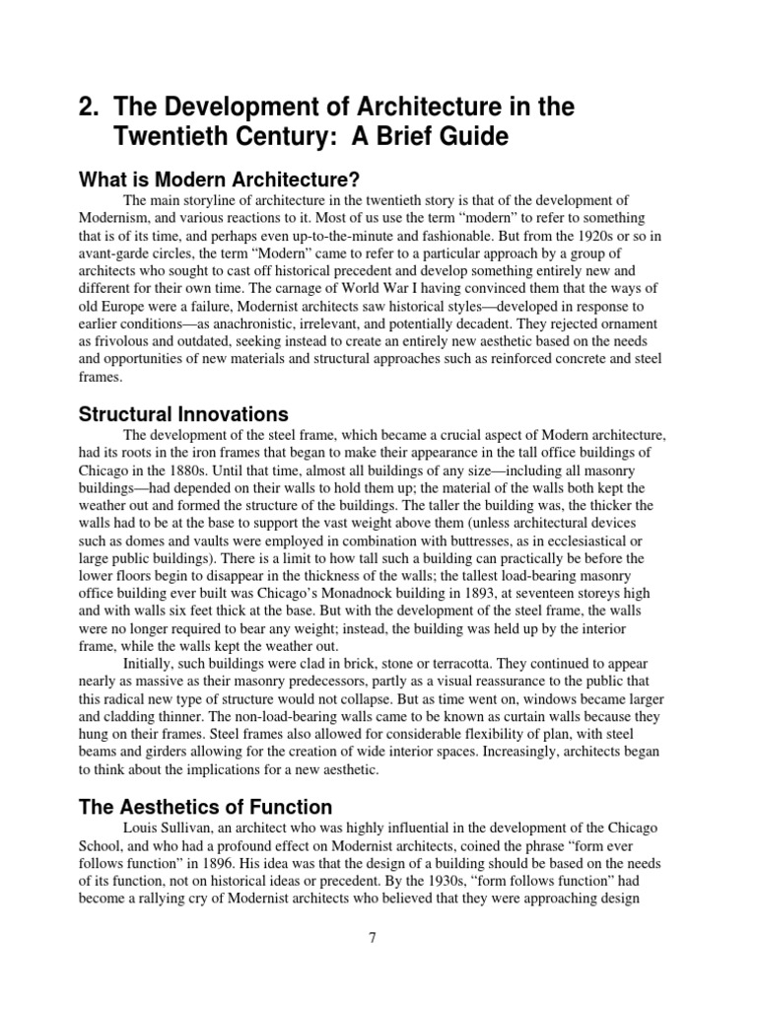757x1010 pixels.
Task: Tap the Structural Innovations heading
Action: pyautogui.click(x=182, y=413)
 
